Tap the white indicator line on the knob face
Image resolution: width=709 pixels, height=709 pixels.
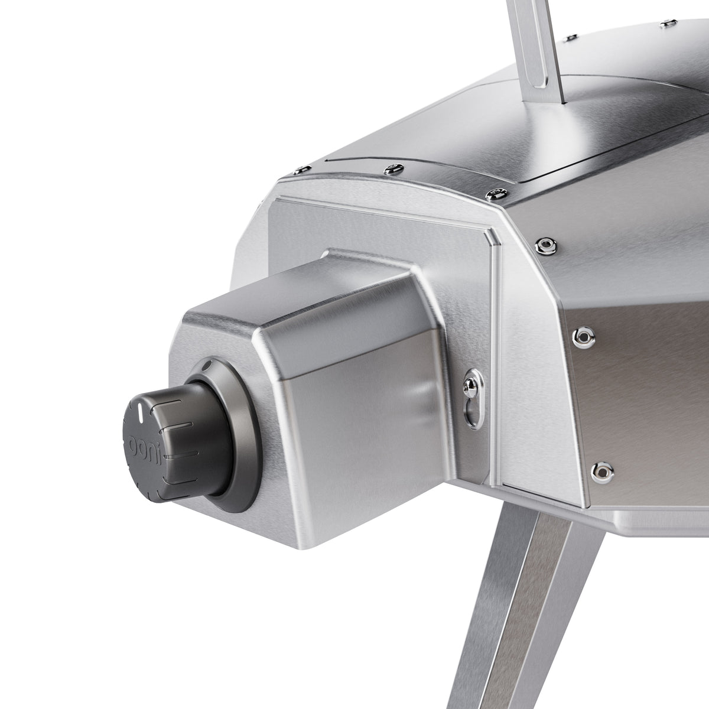coord(138,411)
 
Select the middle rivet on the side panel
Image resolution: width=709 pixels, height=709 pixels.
coord(583,336)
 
